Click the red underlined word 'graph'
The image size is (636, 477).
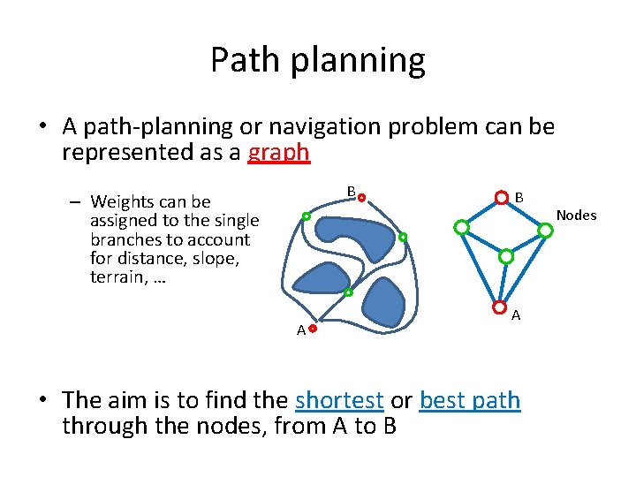point(279,153)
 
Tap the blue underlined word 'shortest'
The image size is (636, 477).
point(339,400)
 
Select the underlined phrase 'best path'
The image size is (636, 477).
point(470,400)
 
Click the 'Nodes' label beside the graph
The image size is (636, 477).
point(576,216)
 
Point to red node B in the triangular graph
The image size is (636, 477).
point(501,197)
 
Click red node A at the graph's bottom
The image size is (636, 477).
point(500,308)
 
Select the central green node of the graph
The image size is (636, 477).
point(506,257)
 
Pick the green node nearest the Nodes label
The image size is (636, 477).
point(546,230)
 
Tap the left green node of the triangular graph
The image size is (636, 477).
point(460,227)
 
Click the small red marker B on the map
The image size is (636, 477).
point(361,198)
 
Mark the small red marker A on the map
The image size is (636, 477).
point(313,328)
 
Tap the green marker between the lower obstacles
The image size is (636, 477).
point(348,292)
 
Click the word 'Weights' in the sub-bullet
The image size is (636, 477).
point(122,202)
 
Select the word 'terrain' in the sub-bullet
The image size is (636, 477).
point(117,276)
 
